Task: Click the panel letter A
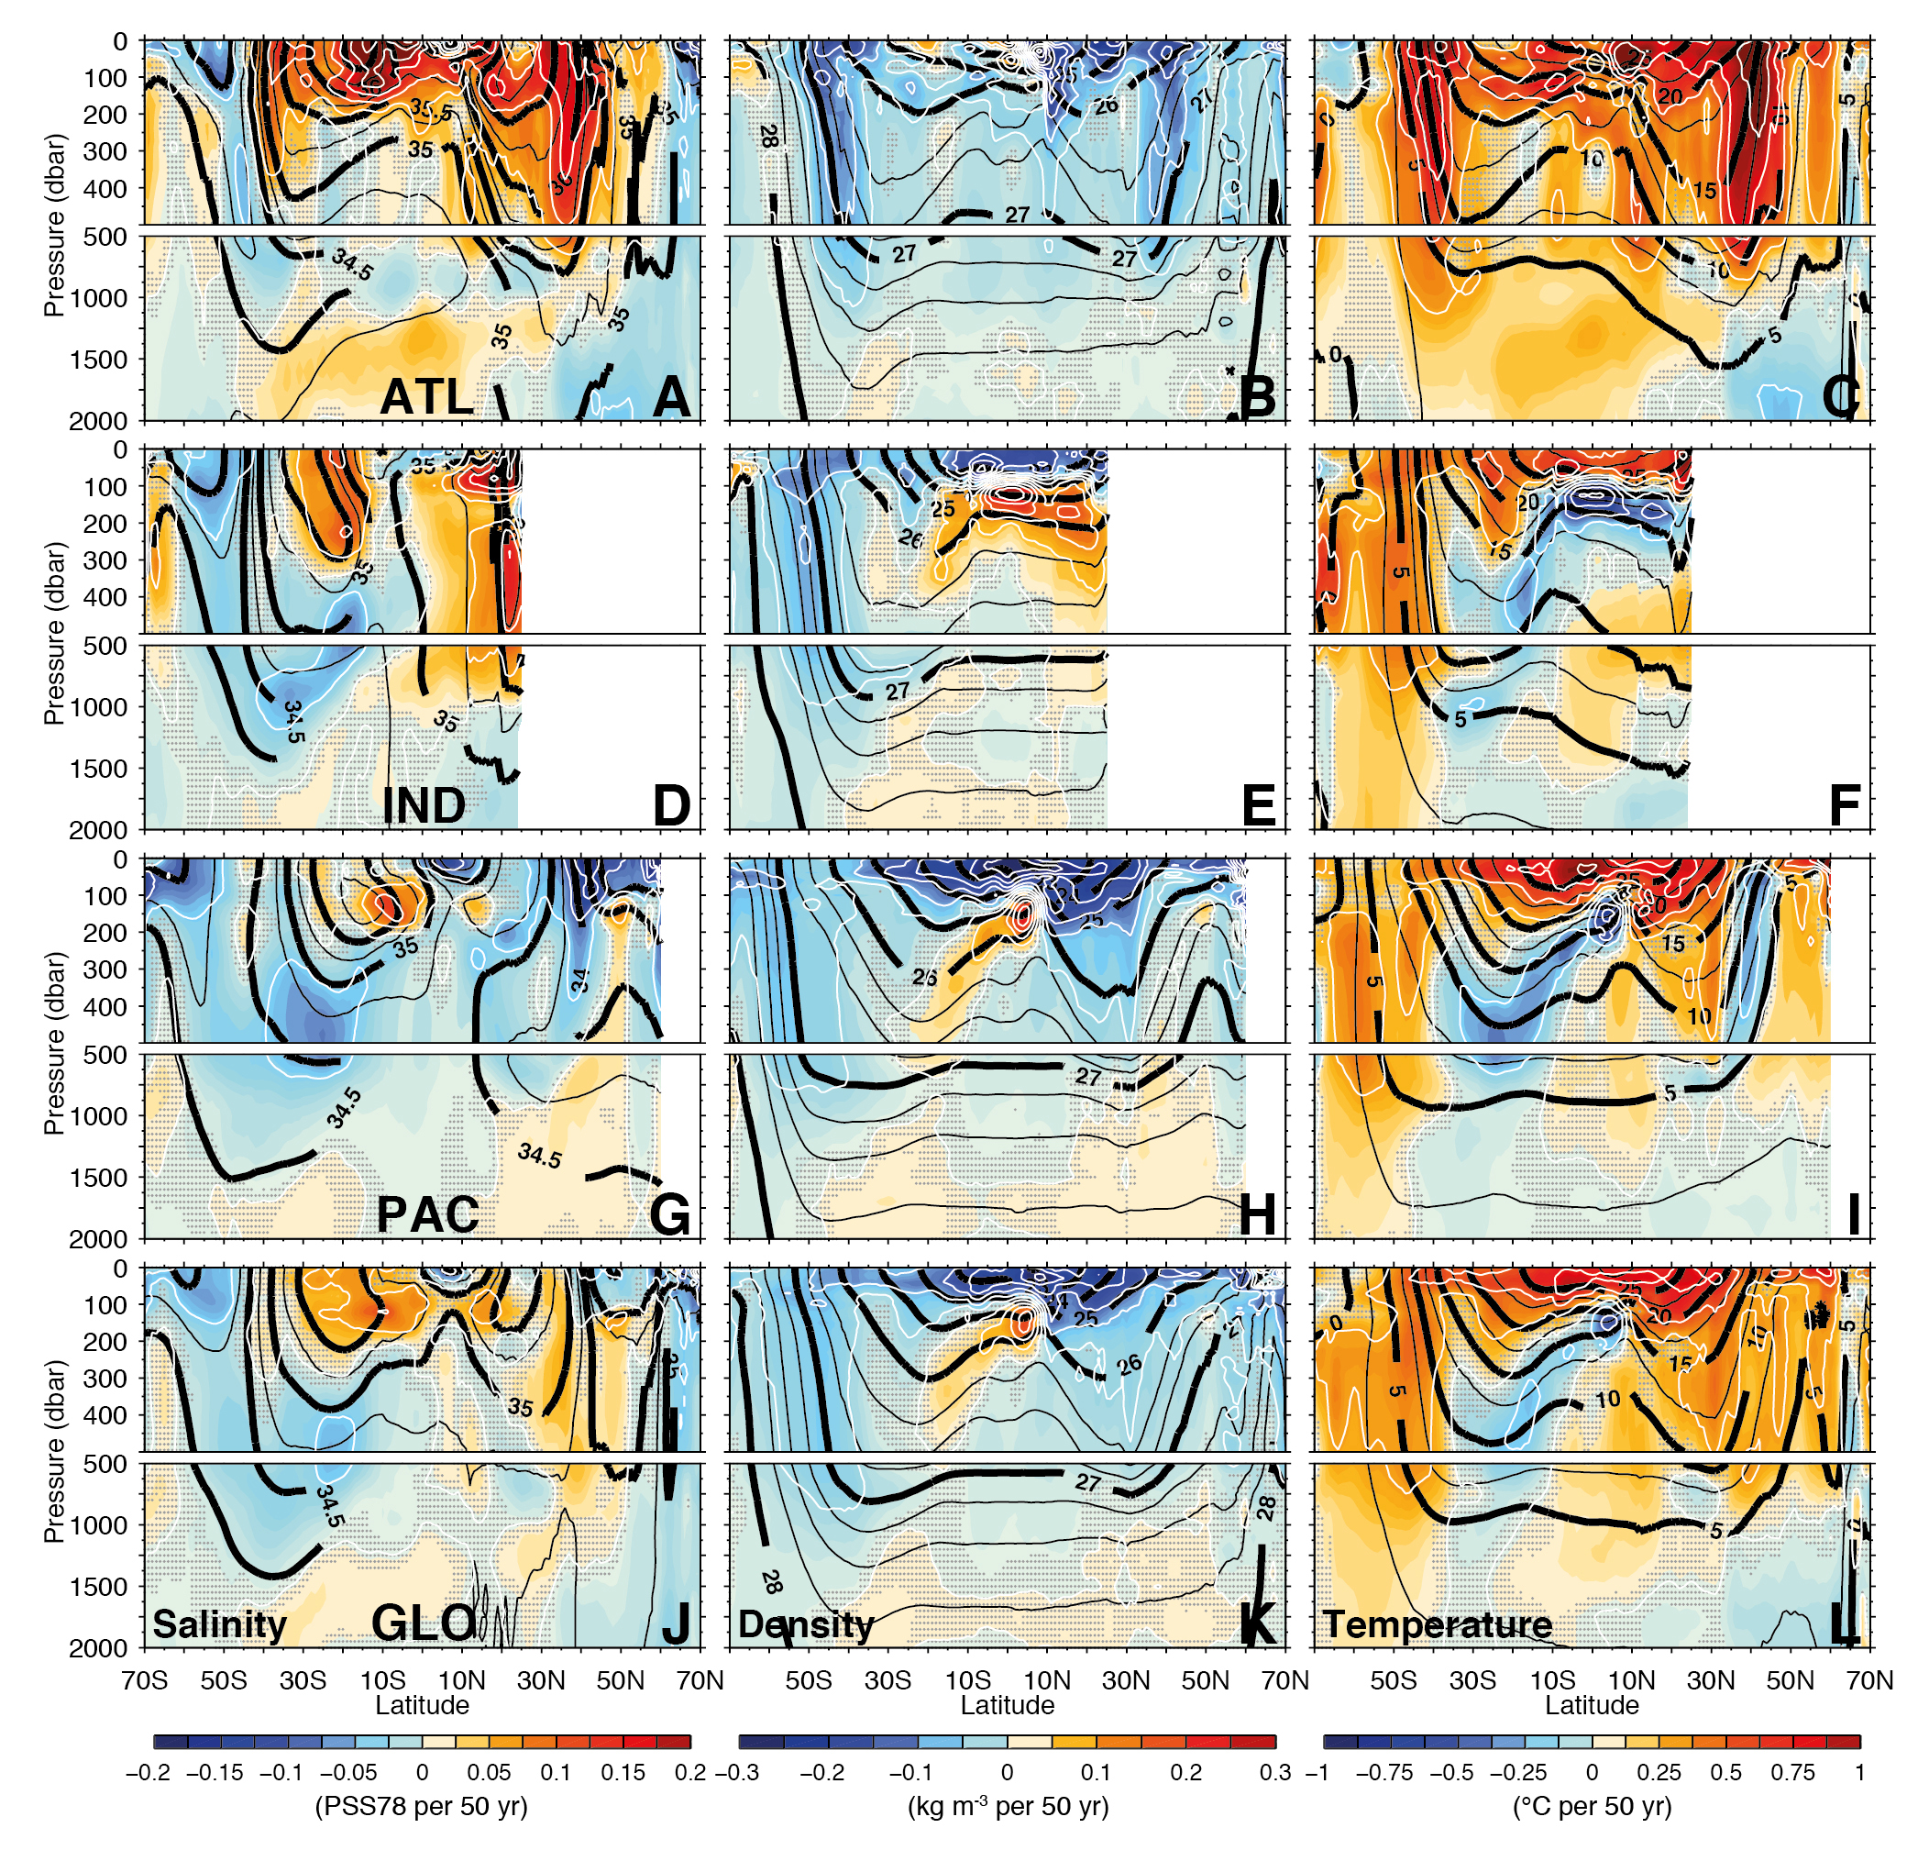671,396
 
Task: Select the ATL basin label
426,396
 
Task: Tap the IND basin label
424,805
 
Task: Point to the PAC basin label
427,1214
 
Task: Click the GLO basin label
424,1623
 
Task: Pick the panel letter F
1844,805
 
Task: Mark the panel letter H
1258,1214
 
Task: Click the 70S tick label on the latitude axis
145,1680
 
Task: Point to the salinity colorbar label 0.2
691,1773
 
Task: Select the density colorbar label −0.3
738,1773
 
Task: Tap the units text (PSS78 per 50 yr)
422,1806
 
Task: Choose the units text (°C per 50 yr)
1593,1806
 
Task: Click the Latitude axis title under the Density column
1007,1705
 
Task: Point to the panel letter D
671,805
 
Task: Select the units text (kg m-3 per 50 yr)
1008,1806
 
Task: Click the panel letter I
1852,1214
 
